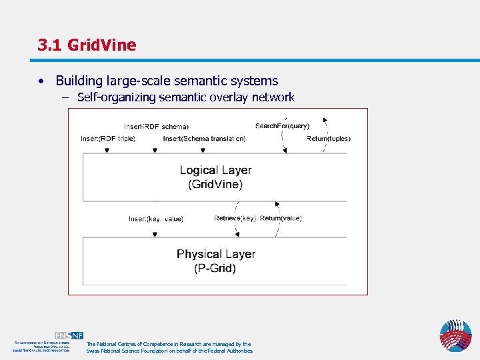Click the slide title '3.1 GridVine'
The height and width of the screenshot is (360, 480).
point(87,45)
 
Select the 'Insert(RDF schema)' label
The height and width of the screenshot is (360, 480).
point(156,127)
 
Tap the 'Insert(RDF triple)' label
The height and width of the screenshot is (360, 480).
point(108,139)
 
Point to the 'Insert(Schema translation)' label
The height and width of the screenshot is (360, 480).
point(204,139)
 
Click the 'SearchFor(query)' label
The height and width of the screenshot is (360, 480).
point(283,126)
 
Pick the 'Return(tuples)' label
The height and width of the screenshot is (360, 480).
point(328,139)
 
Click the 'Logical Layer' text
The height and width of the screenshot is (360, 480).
point(215,170)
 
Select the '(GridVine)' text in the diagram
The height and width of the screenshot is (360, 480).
point(215,185)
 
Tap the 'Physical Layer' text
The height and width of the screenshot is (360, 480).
point(215,254)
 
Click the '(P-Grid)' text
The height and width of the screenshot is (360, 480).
point(215,269)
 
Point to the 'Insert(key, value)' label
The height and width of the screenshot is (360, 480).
point(156,219)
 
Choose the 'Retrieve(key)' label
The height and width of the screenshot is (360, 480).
point(235,218)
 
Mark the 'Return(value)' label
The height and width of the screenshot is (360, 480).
point(281,218)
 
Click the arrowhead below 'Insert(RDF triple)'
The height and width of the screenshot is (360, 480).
point(107,151)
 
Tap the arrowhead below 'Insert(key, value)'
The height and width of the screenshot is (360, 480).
point(155,234)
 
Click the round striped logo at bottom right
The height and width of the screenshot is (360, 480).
point(455,335)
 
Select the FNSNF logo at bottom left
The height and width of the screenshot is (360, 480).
point(69,336)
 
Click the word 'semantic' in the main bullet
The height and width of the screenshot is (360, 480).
point(197,81)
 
